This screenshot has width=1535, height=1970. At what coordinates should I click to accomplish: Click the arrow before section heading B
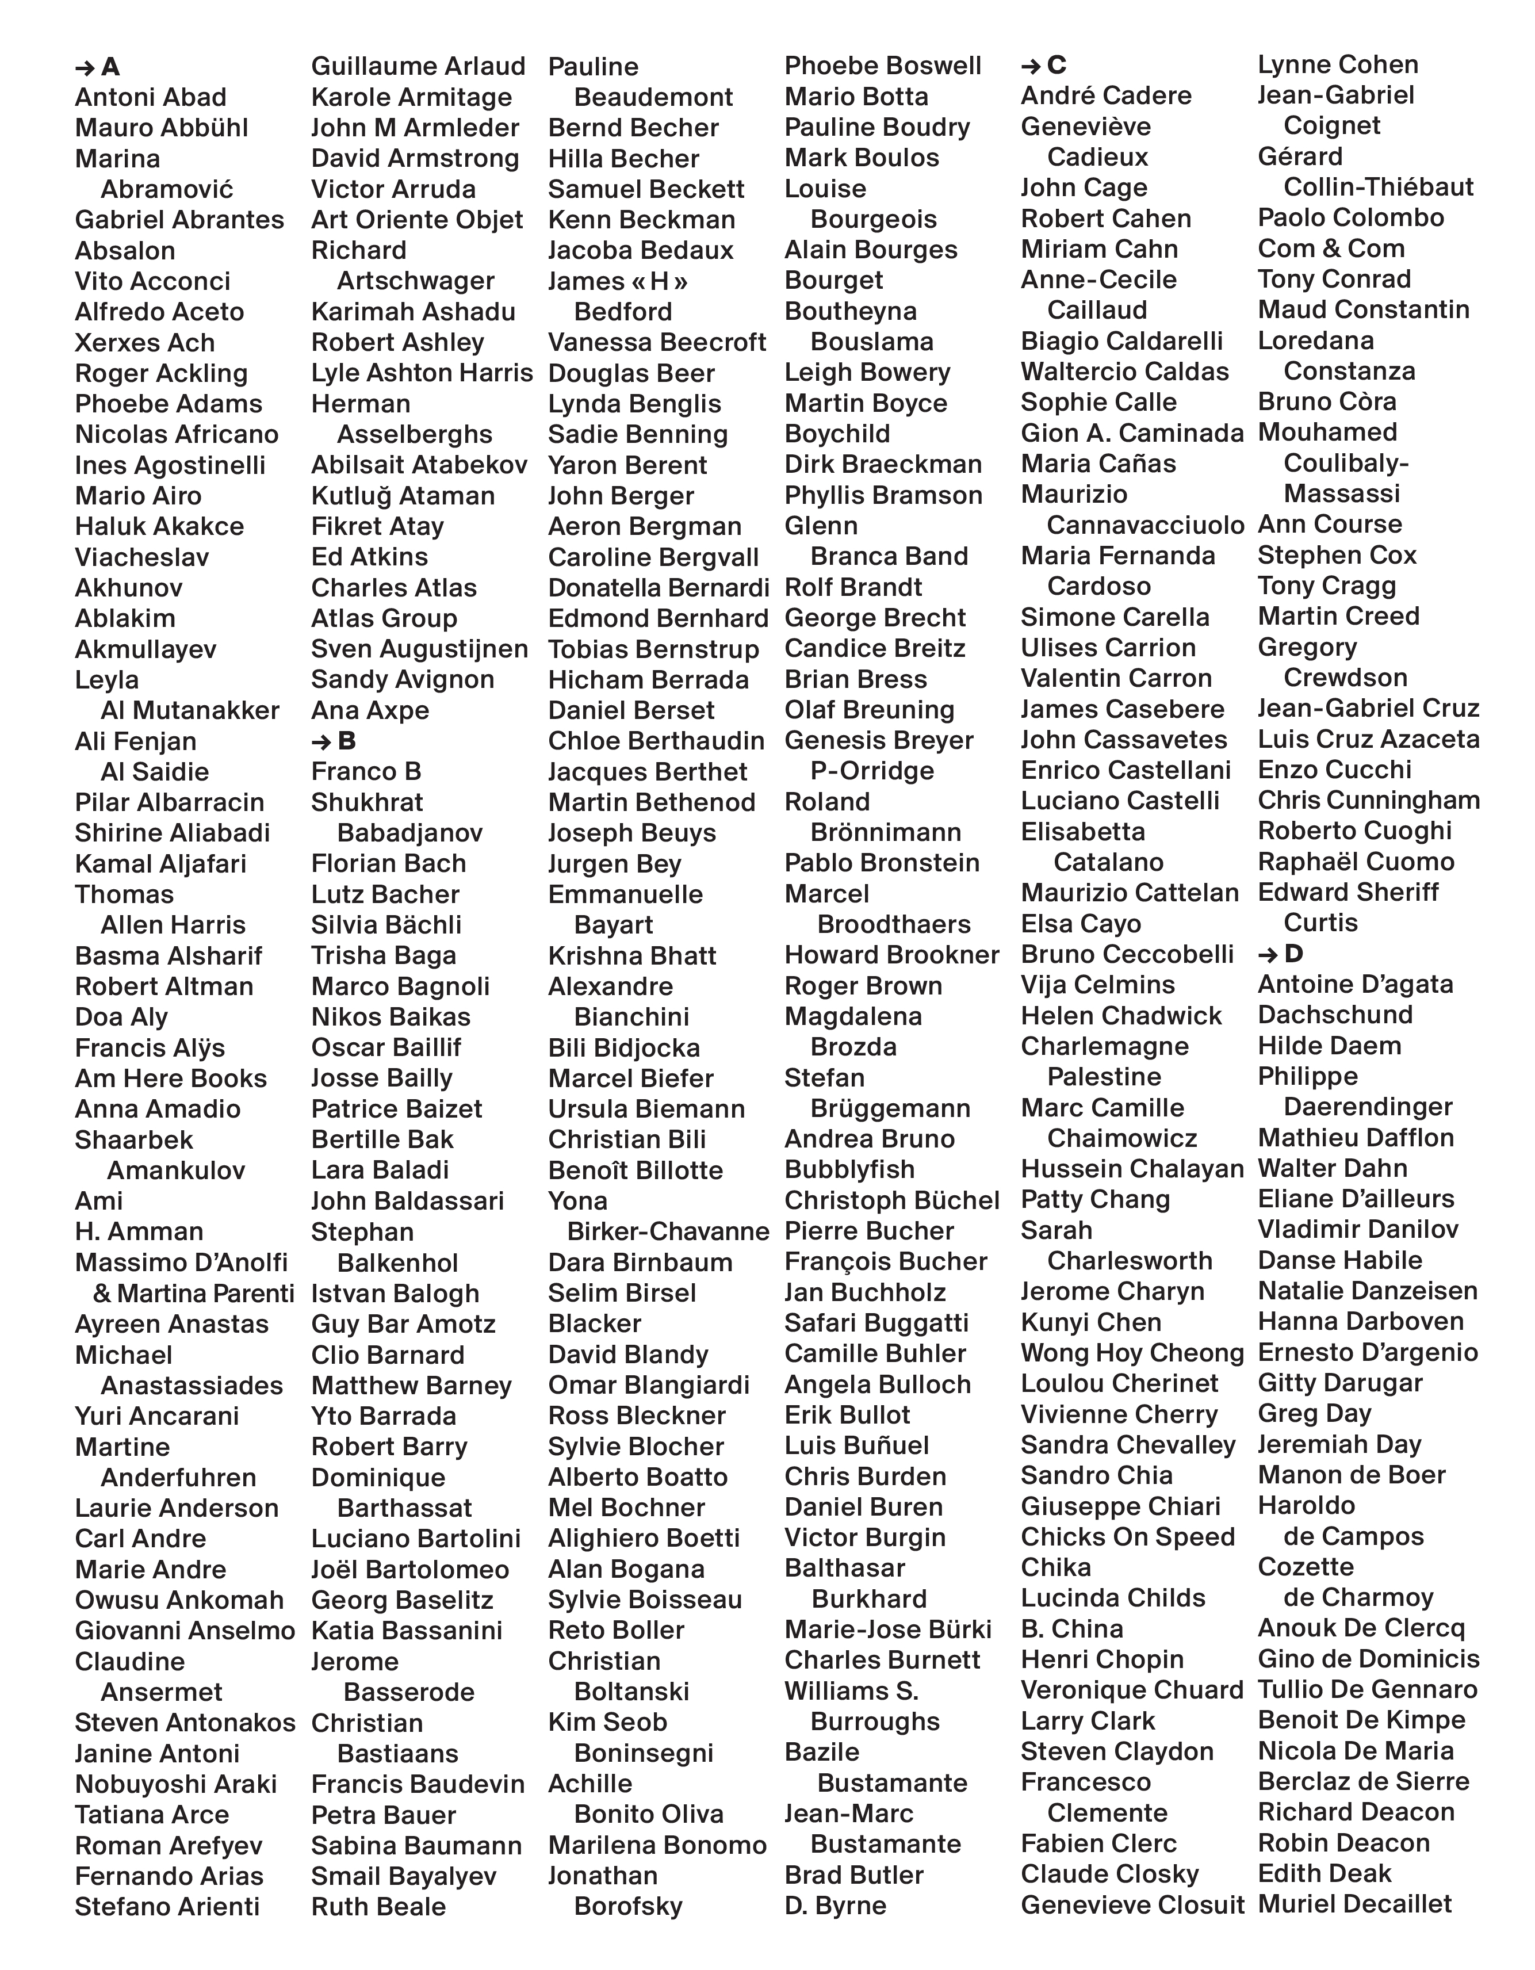tap(321, 741)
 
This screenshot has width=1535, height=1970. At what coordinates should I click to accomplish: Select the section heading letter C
tap(1057, 65)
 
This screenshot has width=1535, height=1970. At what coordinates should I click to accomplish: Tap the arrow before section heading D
tap(1268, 954)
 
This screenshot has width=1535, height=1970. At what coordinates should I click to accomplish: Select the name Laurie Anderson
tap(177, 1508)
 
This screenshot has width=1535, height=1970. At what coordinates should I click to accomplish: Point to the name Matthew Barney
tap(411, 1386)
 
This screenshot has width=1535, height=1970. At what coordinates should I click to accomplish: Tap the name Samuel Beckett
tap(646, 189)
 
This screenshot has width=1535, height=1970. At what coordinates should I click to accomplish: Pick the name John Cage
tap(1084, 188)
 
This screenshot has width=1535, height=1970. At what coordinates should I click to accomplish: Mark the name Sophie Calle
tap(1098, 402)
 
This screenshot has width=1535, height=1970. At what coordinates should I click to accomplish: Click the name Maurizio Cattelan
tap(1129, 893)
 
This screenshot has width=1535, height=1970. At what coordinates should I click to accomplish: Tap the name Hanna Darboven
tap(1360, 1322)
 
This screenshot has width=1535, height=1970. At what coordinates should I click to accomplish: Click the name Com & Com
tap(1331, 249)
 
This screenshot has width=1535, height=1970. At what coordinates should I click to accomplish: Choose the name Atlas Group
tap(384, 619)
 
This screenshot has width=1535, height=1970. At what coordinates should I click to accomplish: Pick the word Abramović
tap(167, 189)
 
